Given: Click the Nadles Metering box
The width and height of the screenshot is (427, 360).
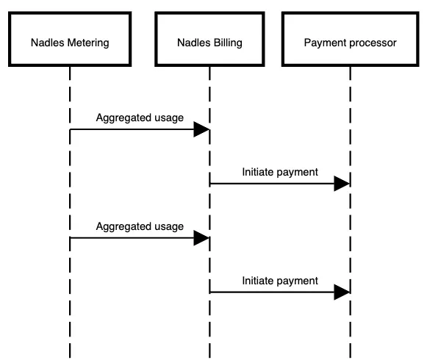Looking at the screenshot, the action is point(70,39).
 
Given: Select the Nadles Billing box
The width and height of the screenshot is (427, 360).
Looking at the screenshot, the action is point(209,39).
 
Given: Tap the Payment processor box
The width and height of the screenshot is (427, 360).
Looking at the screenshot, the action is point(351,39).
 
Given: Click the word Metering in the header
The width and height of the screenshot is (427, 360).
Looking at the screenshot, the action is point(88,43).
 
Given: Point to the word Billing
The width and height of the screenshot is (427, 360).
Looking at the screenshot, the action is point(228,43).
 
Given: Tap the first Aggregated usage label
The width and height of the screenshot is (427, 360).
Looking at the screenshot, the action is point(140,118).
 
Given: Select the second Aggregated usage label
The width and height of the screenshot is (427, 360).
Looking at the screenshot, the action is point(140,226).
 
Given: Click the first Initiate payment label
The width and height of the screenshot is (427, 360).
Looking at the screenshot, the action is point(280,172).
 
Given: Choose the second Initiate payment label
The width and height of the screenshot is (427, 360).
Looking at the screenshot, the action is point(280,281).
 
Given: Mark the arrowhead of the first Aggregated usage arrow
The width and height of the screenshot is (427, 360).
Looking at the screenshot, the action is point(201,129).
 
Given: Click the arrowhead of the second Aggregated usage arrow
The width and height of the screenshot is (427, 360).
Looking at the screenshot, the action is point(201,238).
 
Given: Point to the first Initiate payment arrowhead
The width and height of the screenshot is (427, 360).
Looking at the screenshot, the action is point(342,184).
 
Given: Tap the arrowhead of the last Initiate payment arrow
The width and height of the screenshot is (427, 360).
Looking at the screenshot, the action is point(342,292).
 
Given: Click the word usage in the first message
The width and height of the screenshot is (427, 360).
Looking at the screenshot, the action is point(169,118).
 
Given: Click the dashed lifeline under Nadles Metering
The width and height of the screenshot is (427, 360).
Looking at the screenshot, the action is point(70,212).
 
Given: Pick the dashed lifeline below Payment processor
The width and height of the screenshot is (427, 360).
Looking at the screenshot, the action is point(351,212).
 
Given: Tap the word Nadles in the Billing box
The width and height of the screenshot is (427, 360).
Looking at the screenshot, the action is point(194,43).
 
